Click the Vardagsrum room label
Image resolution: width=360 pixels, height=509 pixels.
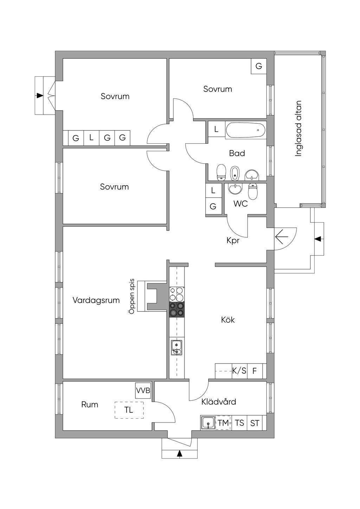click(x=96, y=300)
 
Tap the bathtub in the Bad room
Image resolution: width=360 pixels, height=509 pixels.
click(x=246, y=130)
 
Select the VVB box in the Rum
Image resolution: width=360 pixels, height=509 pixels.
click(x=143, y=391)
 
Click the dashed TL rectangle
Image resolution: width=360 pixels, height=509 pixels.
click(x=129, y=410)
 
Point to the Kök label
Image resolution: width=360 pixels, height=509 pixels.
click(x=228, y=320)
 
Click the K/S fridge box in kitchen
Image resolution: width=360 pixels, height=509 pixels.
click(x=239, y=371)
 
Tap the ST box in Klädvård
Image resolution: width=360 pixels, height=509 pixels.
click(x=255, y=423)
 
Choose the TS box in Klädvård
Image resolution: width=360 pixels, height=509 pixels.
click(x=239, y=423)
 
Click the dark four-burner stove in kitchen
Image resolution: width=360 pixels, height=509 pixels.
click(x=177, y=309)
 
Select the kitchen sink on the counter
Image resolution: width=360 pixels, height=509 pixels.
click(x=176, y=347)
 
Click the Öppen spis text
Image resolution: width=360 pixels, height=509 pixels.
click(x=132, y=296)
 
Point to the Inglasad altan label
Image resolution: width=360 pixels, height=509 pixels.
click(x=298, y=129)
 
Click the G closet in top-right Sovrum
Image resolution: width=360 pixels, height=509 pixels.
click(x=259, y=66)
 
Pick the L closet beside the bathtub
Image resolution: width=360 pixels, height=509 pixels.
click(x=216, y=129)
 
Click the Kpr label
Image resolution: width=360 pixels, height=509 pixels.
click(x=233, y=241)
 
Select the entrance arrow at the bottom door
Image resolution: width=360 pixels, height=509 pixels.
click(x=180, y=453)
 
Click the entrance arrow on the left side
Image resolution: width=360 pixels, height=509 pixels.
click(x=39, y=95)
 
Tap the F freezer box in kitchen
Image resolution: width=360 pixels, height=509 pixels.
click(x=255, y=371)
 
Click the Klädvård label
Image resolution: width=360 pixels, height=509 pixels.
click(x=219, y=402)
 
